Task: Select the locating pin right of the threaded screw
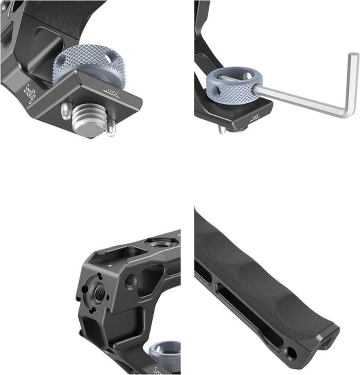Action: point(110,128)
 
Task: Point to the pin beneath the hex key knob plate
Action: point(222,129)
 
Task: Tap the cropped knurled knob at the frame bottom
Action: point(166,355)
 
